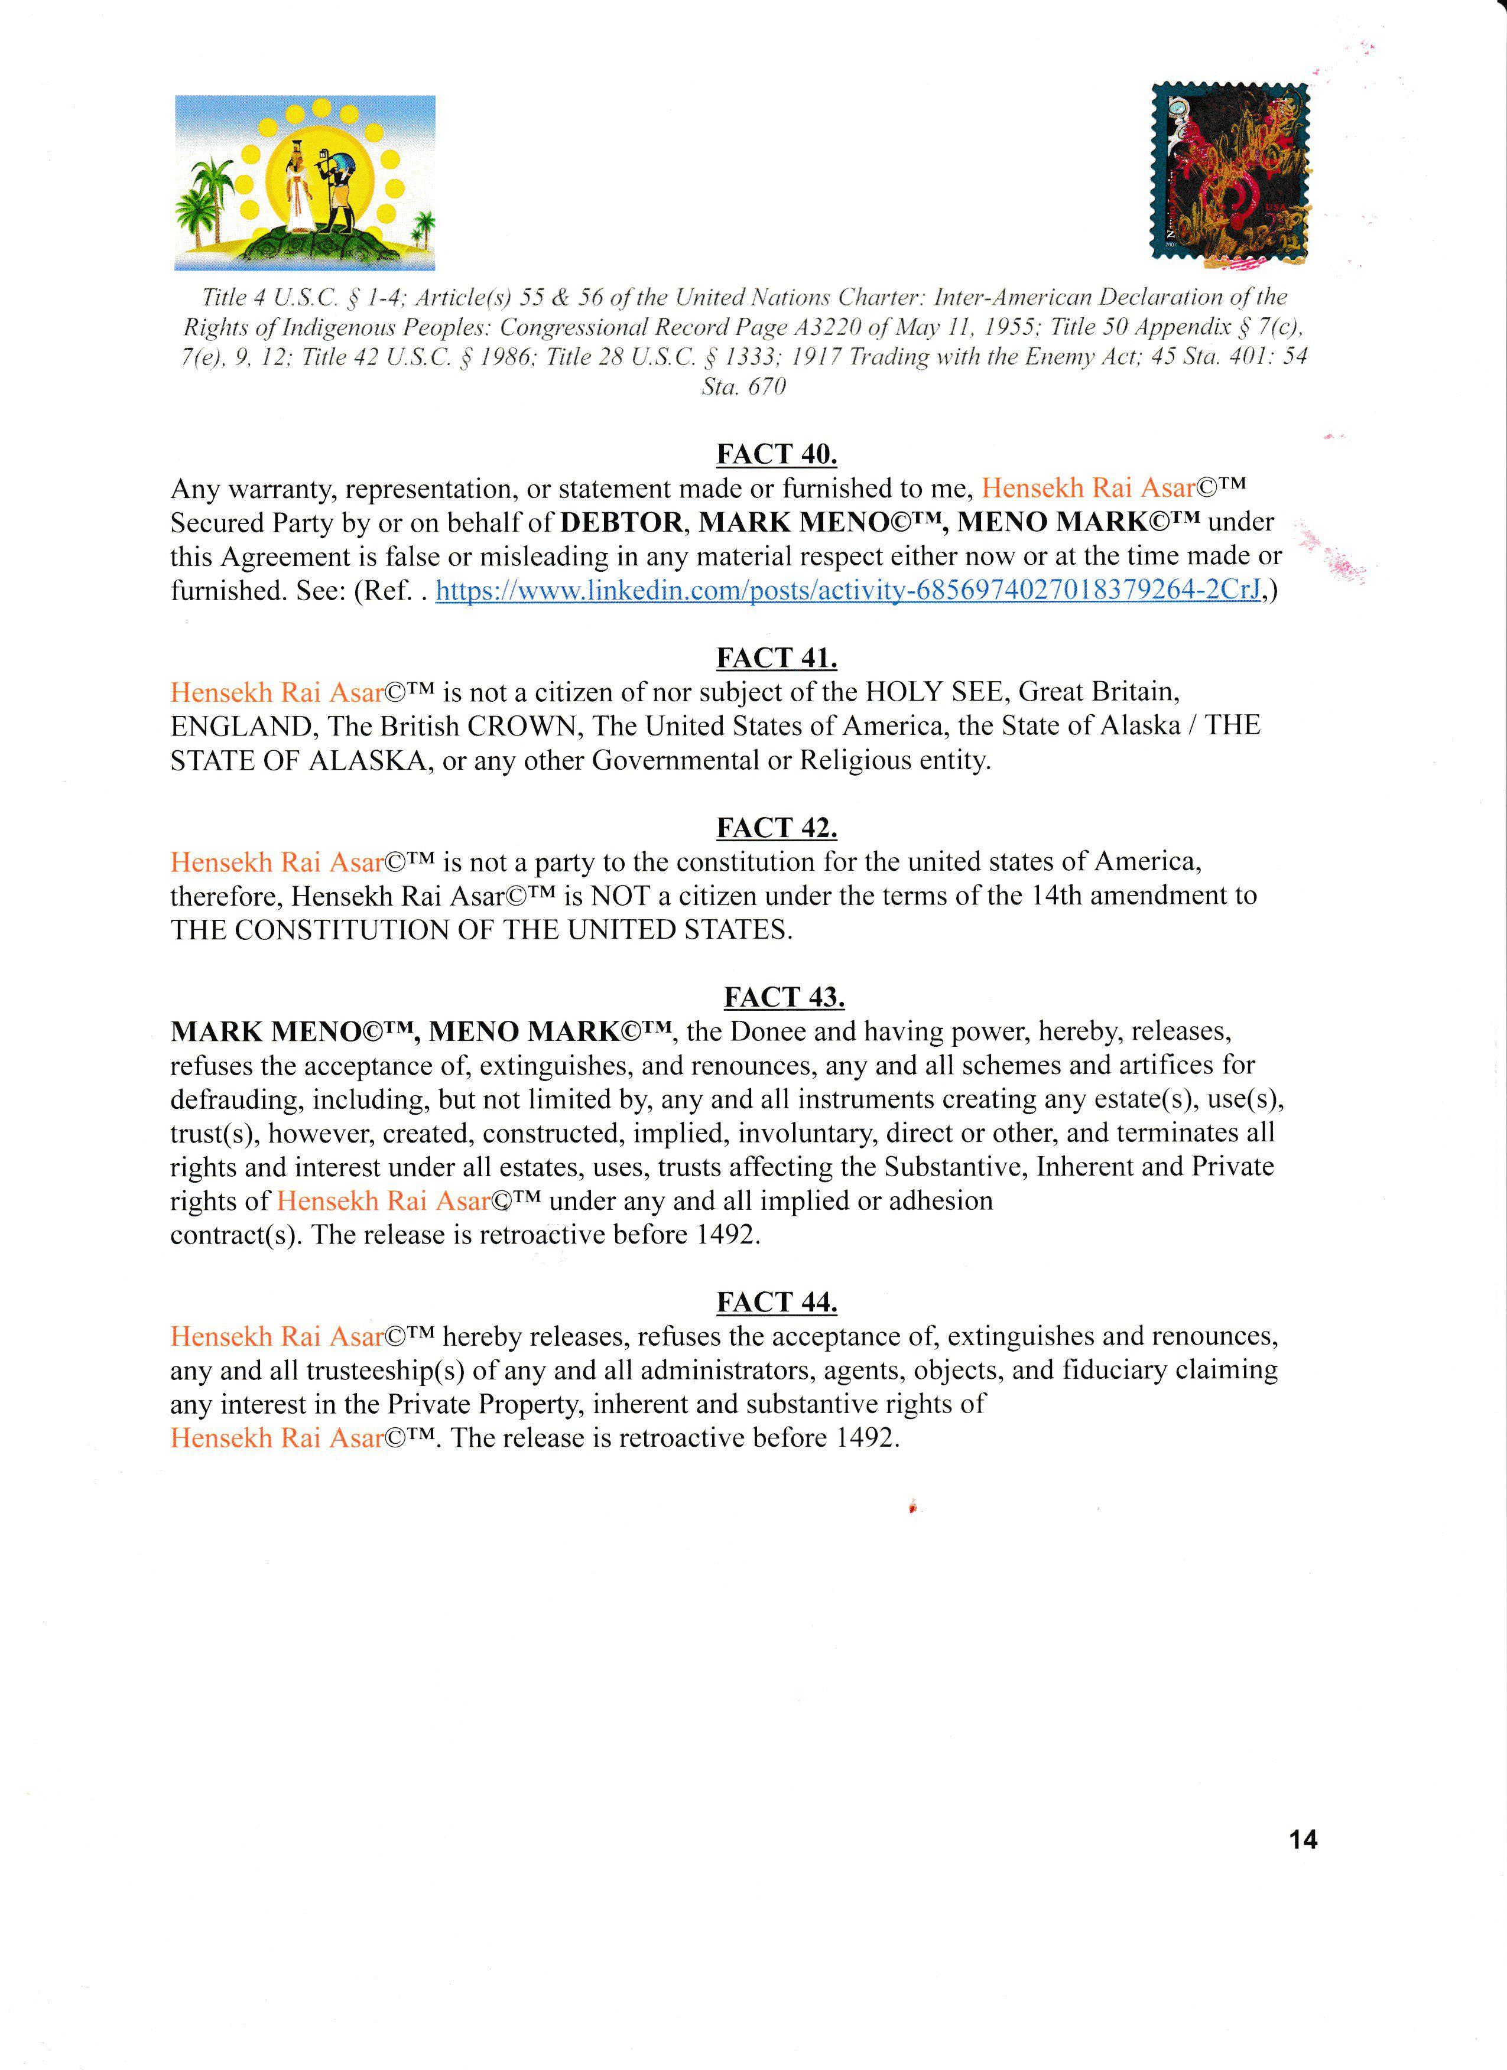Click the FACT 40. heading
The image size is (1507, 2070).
(x=776, y=454)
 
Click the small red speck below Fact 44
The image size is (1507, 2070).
(x=912, y=1507)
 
